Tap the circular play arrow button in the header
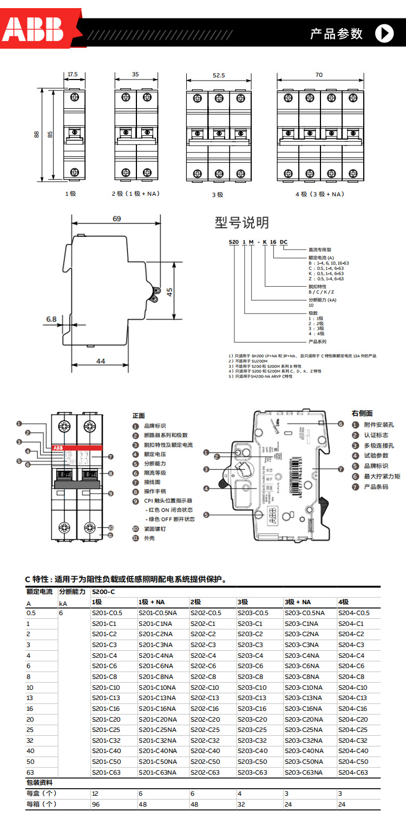pos(384,33)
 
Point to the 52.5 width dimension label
pos(218,76)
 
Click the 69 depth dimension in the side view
pos(116,219)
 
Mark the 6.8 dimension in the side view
pos(51,319)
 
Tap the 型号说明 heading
pos(241,222)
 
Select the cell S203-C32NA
pos(303,741)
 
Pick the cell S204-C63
pos(353,772)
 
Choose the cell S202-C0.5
pos(206,613)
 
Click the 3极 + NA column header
pos(298,602)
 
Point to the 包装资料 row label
pos(40,783)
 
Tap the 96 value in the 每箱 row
pos(96,804)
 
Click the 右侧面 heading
pos(362,413)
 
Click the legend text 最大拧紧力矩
pos(382,476)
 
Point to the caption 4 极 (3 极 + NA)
pos(319,194)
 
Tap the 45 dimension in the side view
pos(169,292)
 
